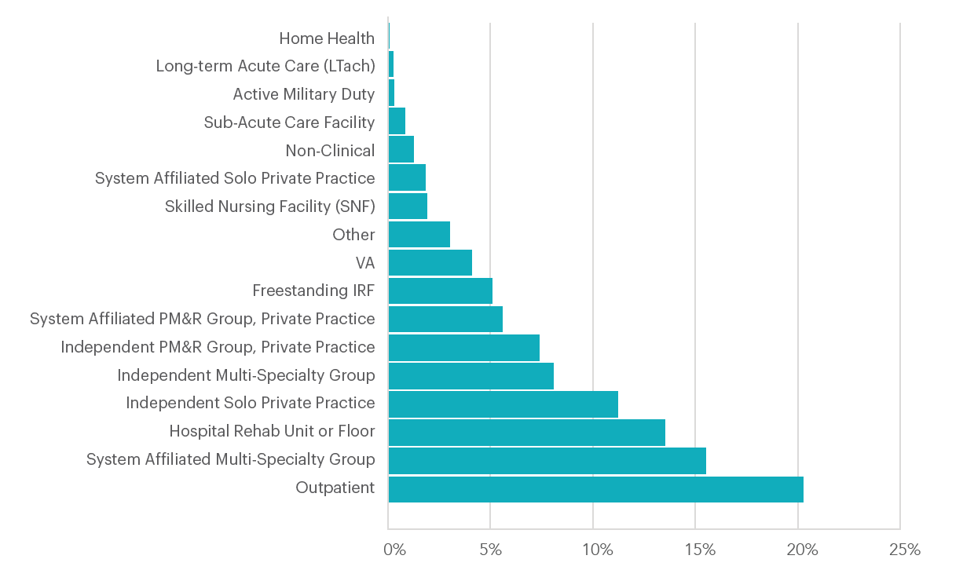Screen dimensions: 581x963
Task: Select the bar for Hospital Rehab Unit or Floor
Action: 526,433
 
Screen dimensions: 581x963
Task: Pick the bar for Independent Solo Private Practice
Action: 503,404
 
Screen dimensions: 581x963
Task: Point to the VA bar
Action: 430,263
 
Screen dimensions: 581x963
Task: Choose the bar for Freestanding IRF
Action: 440,291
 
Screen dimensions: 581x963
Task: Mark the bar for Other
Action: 419,235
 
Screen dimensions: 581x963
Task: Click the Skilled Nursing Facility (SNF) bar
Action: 408,206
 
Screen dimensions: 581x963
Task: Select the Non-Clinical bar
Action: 401,150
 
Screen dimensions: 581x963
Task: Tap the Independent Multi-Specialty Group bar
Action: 471,376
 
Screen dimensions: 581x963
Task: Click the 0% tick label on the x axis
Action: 394,550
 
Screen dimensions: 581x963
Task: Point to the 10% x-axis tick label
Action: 597,550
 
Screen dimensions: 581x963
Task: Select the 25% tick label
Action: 904,550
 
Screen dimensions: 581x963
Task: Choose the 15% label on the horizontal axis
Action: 699,550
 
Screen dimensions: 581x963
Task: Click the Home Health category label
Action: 327,38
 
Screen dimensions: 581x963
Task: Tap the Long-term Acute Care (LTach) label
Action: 265,66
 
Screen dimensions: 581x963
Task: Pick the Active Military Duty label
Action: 303,94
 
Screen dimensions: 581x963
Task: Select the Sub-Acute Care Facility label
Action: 289,122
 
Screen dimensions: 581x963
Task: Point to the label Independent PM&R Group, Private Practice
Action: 218,347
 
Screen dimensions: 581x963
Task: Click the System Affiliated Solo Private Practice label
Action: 235,179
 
